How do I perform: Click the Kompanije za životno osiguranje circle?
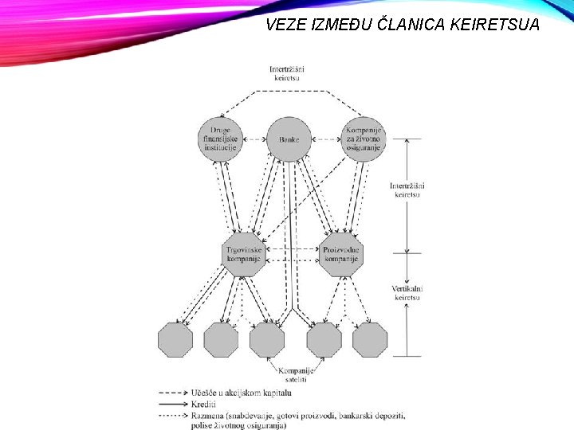[363, 139]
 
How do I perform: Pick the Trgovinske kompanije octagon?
[243, 254]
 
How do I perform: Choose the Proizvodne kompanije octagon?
[341, 254]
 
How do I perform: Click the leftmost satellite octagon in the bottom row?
[175, 340]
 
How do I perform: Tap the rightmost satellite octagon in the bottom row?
[370, 340]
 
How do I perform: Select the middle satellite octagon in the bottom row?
[267, 340]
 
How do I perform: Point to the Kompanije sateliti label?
[296, 376]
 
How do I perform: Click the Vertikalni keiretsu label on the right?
[407, 292]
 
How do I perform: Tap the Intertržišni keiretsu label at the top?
[286, 73]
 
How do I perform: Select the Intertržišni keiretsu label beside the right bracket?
[407, 190]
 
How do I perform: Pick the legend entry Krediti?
[203, 405]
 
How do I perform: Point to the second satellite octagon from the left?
[221, 340]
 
